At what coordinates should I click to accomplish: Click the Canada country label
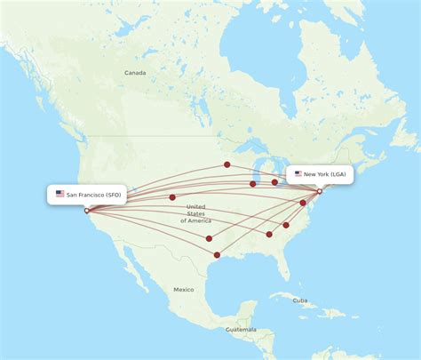[x=135, y=72]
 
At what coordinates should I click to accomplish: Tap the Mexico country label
[x=184, y=290]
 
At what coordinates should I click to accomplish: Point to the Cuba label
[x=300, y=300]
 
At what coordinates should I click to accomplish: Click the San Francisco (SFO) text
[x=94, y=194]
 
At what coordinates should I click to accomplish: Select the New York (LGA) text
[x=326, y=174]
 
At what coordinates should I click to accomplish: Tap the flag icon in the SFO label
[x=60, y=194]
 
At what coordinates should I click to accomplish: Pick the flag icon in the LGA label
[x=298, y=174]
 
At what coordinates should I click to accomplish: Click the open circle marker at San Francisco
[x=86, y=211]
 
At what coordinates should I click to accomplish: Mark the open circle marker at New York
[x=320, y=191]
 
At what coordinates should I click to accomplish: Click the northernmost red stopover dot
[x=226, y=164]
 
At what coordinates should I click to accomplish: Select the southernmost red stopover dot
[x=217, y=255]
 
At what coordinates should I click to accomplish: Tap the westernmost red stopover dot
[x=172, y=197]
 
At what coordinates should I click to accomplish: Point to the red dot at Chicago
[x=253, y=184]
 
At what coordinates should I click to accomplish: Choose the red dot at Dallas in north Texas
[x=209, y=238]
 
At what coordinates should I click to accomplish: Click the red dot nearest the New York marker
[x=303, y=203]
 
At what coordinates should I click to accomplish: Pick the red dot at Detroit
[x=274, y=182]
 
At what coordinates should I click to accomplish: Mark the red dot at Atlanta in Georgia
[x=269, y=235]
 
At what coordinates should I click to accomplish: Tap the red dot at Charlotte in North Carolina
[x=286, y=225]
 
